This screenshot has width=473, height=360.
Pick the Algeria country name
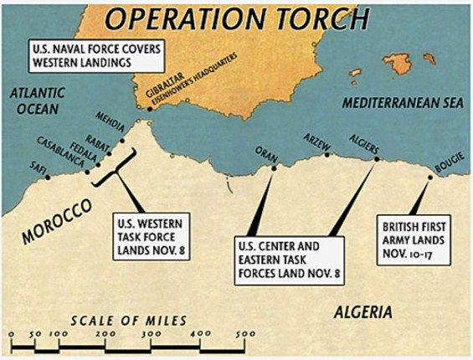click(362, 311)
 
